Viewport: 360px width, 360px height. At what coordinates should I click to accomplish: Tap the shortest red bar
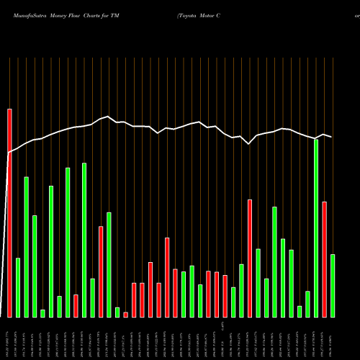(125, 314)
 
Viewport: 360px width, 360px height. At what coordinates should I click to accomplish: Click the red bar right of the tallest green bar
(324, 259)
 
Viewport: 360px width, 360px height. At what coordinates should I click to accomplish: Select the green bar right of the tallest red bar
(18, 287)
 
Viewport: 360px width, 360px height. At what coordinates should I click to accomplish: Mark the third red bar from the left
(101, 271)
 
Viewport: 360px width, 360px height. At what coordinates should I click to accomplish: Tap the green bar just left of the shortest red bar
(117, 312)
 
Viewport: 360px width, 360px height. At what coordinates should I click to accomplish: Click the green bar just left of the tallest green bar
(308, 304)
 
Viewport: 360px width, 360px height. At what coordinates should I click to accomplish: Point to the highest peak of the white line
(107, 116)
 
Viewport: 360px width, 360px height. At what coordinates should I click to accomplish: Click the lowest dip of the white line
(249, 144)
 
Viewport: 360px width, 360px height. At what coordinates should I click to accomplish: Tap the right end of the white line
(331, 136)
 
